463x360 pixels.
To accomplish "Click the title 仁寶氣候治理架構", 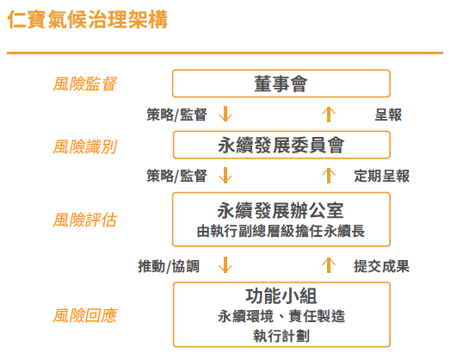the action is [x=88, y=20].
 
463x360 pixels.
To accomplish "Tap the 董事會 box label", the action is [x=281, y=84].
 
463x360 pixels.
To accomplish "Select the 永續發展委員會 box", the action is [x=281, y=146].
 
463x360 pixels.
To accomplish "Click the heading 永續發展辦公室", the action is [x=281, y=210].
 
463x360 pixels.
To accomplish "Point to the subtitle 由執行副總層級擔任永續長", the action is [x=281, y=231].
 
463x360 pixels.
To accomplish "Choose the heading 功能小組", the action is [x=281, y=296].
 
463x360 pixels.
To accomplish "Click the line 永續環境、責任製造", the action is [x=281, y=316].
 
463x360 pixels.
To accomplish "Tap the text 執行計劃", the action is [x=281, y=336].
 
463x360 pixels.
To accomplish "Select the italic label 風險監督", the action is [x=85, y=84].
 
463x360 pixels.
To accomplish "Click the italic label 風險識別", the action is [x=85, y=147].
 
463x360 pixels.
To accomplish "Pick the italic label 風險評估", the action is [x=85, y=220].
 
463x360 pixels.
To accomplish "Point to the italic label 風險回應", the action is [x=85, y=315].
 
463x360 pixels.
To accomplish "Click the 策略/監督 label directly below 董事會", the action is [x=176, y=115].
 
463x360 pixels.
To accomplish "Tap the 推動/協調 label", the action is [x=169, y=266].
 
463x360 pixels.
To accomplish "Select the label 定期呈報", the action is [x=381, y=176].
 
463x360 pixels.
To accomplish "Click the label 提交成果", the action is [x=381, y=266].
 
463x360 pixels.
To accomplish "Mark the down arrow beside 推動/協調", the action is [x=225, y=264].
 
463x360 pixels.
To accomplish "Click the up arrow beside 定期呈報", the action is [x=329, y=176].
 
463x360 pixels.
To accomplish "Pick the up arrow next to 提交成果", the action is [x=329, y=265].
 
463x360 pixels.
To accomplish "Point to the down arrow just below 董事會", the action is [x=225, y=114].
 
